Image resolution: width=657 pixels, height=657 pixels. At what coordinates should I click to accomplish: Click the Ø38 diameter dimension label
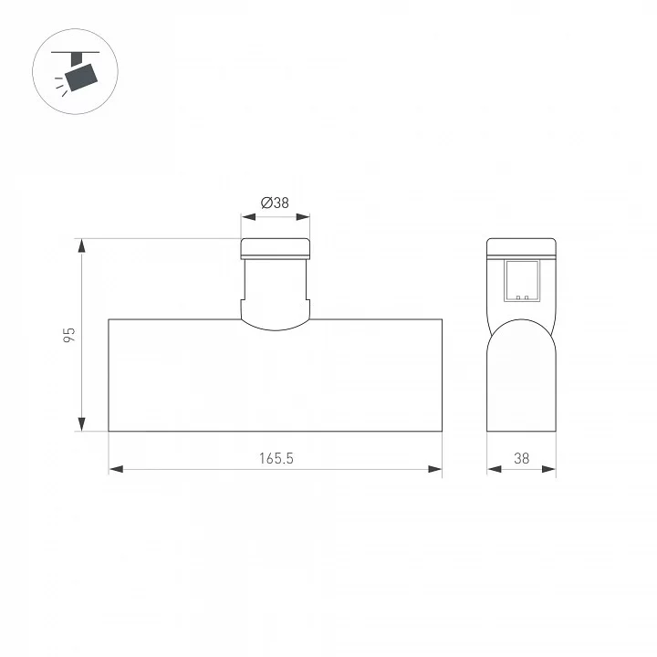point(275,203)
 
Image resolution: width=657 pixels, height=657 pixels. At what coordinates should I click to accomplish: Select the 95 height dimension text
point(69,335)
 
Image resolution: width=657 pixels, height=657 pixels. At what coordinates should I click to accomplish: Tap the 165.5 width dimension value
point(276,458)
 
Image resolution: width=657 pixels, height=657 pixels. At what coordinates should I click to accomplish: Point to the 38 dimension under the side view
point(522,458)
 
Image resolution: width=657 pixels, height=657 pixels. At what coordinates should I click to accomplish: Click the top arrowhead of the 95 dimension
point(82,245)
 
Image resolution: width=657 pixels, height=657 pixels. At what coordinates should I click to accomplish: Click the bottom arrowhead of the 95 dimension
point(82,424)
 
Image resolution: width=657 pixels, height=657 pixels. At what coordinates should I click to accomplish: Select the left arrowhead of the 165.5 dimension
point(116,469)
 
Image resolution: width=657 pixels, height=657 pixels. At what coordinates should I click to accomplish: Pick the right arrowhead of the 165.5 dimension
point(435,469)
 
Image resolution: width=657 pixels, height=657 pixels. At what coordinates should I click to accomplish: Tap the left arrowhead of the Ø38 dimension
point(248,216)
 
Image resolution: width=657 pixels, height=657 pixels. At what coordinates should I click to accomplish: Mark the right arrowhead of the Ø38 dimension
point(303,216)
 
